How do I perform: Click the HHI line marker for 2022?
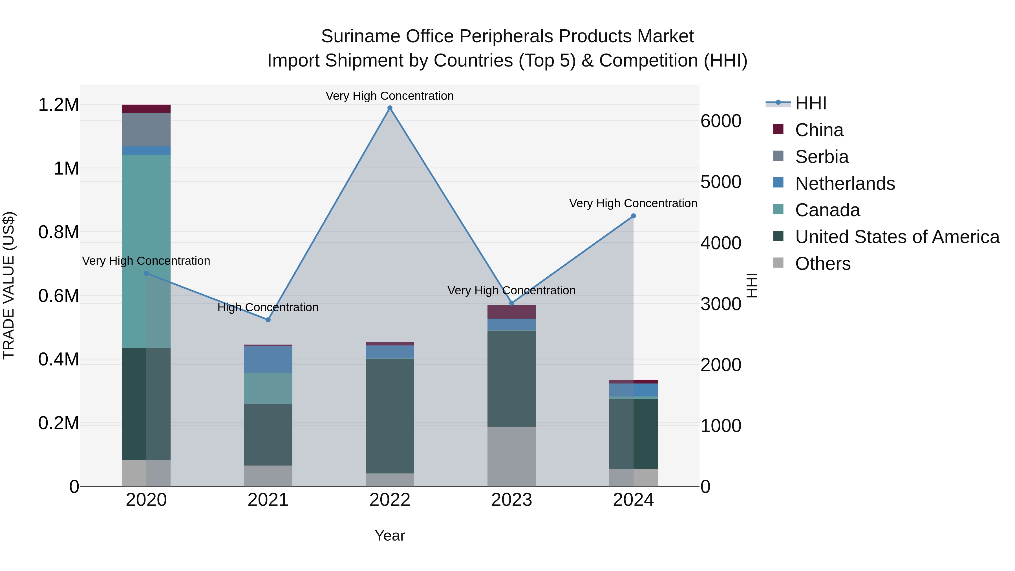point(390,108)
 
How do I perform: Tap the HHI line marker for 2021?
point(268,319)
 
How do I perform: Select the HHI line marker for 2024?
point(633,216)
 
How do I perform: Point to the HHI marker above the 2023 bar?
point(511,303)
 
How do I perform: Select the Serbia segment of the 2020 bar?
point(146,130)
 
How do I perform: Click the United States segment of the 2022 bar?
point(390,416)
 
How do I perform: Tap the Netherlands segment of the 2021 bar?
point(268,360)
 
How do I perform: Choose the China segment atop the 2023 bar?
point(511,312)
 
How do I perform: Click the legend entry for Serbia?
point(822,157)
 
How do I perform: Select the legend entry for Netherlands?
point(845,184)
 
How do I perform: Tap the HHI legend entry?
point(811,103)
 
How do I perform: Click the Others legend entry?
point(822,264)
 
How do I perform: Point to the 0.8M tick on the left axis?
point(58,232)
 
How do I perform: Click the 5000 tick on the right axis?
point(721,182)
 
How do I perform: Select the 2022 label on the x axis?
point(390,500)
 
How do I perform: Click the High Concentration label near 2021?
point(268,307)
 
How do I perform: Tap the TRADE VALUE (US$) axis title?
point(9,285)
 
